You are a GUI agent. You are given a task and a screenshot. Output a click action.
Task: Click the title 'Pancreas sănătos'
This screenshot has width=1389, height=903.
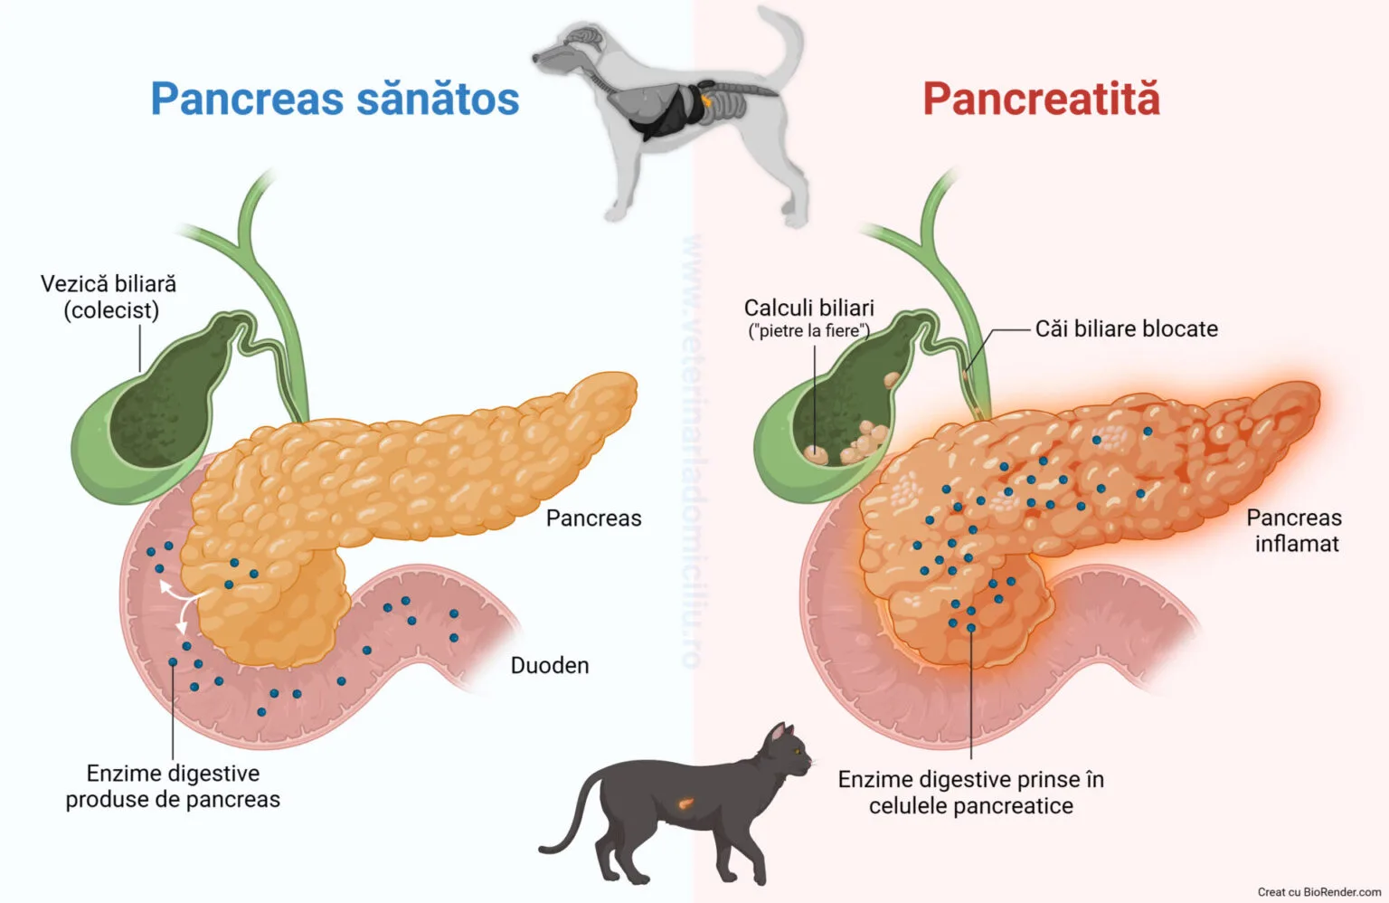[x=335, y=99]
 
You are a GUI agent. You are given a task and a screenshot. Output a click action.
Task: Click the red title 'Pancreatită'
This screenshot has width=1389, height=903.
[x=1041, y=99]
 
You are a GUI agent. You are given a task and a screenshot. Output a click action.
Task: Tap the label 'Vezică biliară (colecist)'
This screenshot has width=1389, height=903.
[x=109, y=297]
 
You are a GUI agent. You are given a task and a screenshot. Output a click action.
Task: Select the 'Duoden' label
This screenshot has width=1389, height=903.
[x=550, y=666]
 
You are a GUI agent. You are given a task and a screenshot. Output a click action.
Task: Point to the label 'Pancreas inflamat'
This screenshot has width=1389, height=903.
[x=1294, y=530]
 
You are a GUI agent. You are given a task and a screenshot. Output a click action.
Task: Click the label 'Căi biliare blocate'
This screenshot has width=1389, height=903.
[x=1126, y=328]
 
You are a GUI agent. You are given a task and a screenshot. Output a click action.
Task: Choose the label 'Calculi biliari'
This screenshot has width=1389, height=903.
[x=808, y=308]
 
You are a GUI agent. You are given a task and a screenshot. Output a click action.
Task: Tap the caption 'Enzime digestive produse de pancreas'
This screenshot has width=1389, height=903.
[x=173, y=786]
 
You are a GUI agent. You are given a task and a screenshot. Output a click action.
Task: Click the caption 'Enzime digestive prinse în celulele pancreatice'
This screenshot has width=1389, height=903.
[x=970, y=793]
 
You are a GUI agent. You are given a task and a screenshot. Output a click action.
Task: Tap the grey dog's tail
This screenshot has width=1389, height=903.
[x=785, y=41]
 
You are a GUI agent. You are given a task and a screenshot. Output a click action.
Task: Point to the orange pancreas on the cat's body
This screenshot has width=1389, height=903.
[x=685, y=801]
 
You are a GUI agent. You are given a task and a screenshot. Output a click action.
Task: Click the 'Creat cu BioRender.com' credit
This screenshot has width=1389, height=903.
[x=1318, y=892]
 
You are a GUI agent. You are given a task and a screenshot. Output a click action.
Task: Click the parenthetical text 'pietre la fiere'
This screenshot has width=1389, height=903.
[x=808, y=331]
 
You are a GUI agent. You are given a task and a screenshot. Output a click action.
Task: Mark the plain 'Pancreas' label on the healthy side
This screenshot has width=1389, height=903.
[x=593, y=518]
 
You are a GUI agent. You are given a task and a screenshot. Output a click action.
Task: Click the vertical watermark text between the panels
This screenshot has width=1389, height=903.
[x=693, y=452]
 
